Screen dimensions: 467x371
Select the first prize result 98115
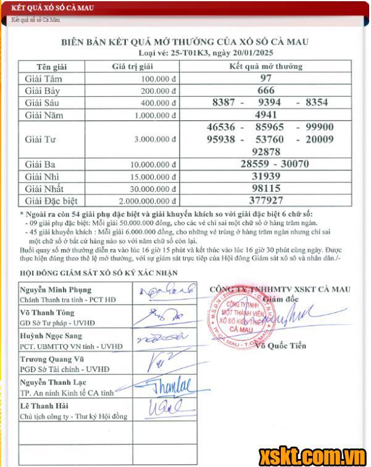(x=265, y=188)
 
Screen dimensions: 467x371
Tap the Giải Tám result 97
(x=265, y=78)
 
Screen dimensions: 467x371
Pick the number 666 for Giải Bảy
(x=265, y=90)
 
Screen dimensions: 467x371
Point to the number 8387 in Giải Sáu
(x=223, y=102)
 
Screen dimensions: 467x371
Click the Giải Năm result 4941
(x=265, y=114)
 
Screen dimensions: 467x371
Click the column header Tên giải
(x=51, y=67)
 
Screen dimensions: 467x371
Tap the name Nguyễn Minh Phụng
(x=55, y=289)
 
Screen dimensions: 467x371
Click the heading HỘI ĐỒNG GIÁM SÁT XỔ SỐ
(x=90, y=273)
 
